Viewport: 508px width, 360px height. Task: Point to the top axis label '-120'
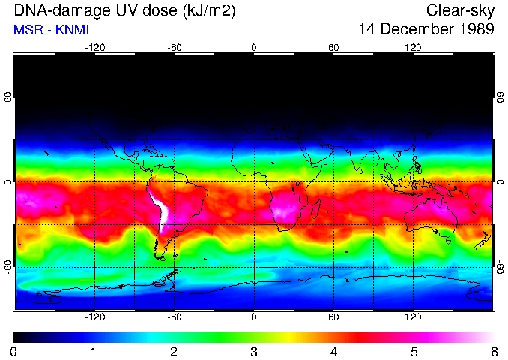tap(94, 48)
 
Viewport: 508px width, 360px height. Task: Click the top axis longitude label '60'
tap(333, 48)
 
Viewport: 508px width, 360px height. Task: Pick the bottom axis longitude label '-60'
tap(174, 317)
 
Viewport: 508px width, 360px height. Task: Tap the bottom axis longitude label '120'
tap(413, 317)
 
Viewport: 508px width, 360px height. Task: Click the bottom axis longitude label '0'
tap(254, 317)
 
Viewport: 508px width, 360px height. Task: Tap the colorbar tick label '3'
tap(254, 352)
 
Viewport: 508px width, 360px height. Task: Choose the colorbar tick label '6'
tap(493, 352)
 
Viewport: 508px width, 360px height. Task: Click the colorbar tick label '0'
tap(14, 352)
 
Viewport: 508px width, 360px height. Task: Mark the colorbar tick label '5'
tap(414, 352)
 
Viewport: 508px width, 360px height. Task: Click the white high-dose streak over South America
tap(160, 209)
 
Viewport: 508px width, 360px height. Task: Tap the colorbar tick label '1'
tap(94, 352)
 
